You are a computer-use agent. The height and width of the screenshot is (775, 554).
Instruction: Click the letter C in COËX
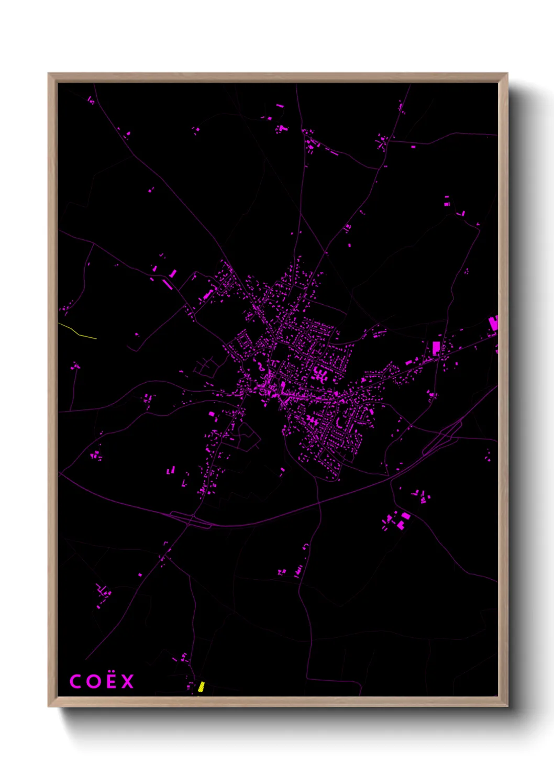75,682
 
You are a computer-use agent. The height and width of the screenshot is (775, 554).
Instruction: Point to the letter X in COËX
128,682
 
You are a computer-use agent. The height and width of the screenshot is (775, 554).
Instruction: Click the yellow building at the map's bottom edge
201,687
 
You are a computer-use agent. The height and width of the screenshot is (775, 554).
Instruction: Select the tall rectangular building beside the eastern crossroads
436,348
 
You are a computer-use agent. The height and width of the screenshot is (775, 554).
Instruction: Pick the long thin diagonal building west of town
167,284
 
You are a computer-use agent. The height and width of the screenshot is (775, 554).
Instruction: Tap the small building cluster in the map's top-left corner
91,99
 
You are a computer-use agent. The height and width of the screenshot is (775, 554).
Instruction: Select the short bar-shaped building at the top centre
280,106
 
